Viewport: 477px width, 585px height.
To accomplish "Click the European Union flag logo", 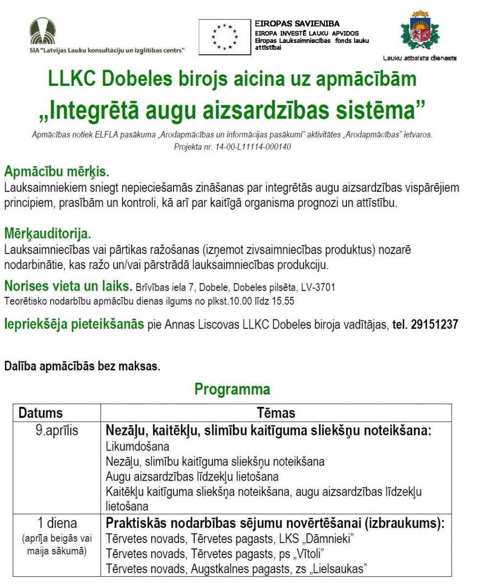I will pyautogui.click(x=224, y=37).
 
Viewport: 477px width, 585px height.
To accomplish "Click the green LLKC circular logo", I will pyautogui.click(x=42, y=31).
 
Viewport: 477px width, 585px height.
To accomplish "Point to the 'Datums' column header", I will pyautogui.click(x=40, y=413).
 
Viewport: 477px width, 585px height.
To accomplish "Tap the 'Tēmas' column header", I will pyautogui.click(x=276, y=413).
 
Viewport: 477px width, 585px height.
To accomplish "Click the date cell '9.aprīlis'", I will pyautogui.click(x=57, y=431).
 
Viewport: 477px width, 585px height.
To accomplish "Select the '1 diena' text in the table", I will pyautogui.click(x=57, y=524).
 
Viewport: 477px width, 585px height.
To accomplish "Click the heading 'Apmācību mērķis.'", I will pyautogui.click(x=57, y=172).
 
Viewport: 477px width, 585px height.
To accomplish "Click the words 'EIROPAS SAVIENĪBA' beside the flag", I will pyautogui.click(x=297, y=23).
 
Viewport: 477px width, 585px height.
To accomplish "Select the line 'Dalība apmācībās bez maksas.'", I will pyautogui.click(x=82, y=366).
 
